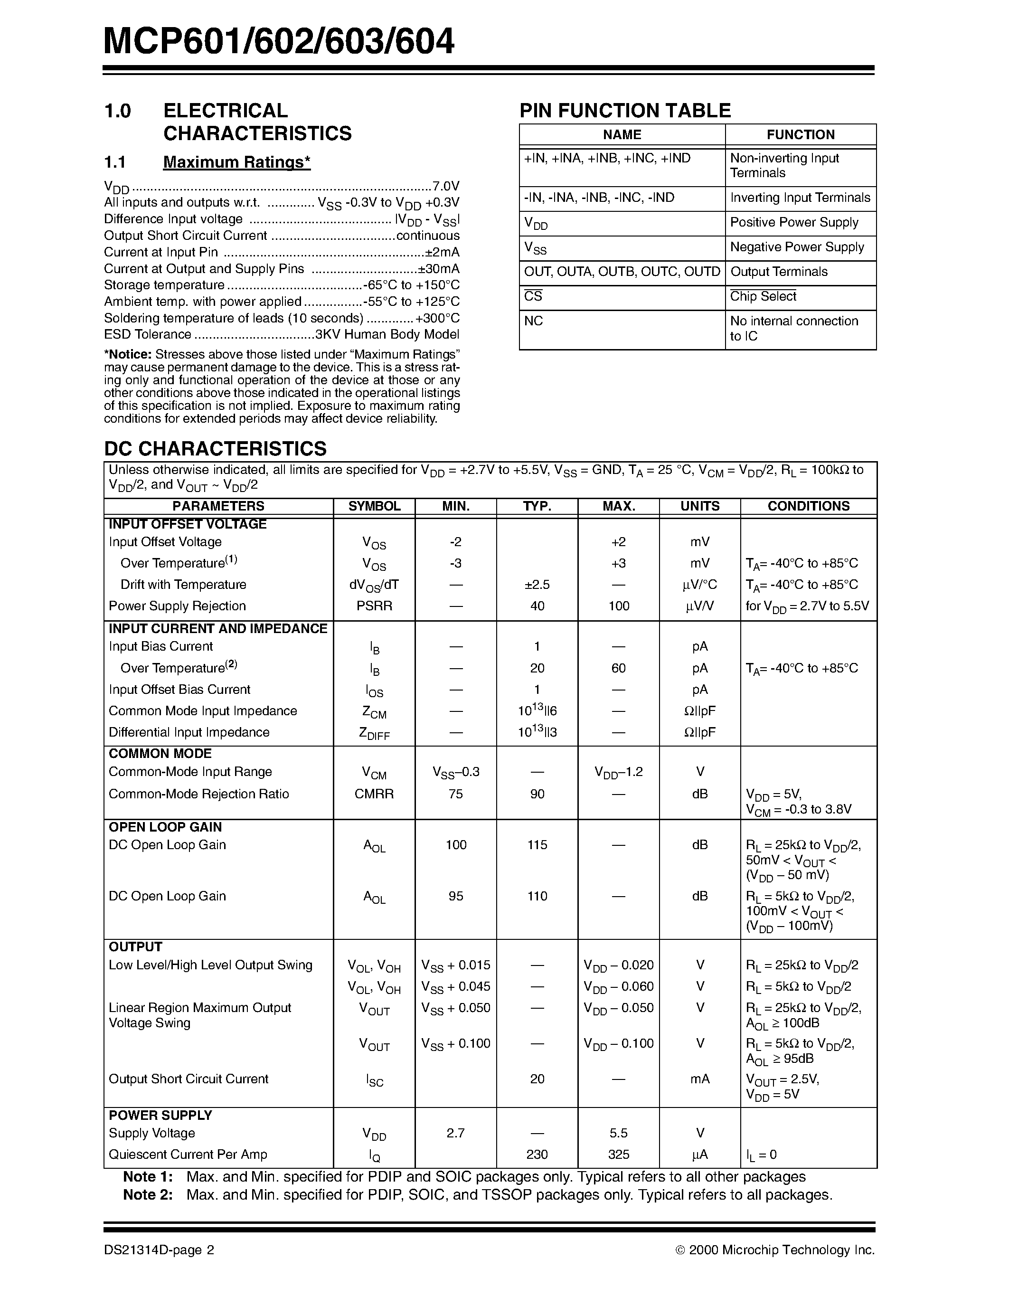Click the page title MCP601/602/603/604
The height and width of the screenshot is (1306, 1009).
[279, 42]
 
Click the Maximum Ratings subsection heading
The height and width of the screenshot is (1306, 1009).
[237, 162]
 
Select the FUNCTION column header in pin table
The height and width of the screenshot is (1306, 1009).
[801, 134]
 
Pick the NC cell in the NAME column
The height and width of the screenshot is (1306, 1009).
[533, 321]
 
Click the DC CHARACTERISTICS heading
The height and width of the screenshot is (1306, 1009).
[215, 448]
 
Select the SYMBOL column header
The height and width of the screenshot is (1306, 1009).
[374, 506]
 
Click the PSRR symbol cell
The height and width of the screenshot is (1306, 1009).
[374, 606]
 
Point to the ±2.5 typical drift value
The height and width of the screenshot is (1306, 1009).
[537, 584]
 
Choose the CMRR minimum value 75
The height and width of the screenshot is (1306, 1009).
[455, 794]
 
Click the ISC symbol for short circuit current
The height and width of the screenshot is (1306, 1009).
[374, 1079]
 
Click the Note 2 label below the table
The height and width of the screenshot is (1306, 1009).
[148, 1207]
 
